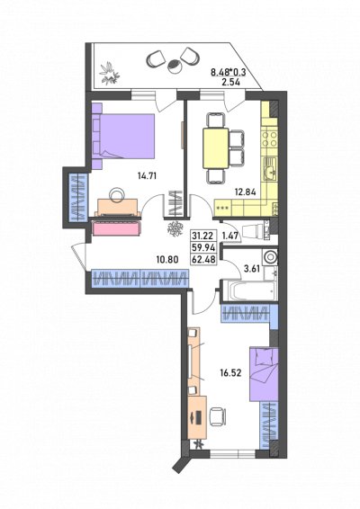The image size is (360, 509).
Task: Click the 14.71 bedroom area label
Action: point(148,176)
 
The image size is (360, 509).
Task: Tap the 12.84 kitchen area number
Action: point(246,192)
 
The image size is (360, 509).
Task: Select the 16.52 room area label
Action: point(230,373)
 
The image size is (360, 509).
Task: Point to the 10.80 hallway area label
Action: point(167,259)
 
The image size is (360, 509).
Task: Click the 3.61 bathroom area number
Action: point(252,268)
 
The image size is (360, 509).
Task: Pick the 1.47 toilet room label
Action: point(230,236)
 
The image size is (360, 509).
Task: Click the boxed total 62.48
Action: point(203,260)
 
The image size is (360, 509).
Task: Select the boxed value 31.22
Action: point(203,236)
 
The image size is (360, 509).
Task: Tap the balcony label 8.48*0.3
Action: point(229,72)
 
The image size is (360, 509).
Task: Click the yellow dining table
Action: point(216,148)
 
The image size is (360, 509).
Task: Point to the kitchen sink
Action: point(270,168)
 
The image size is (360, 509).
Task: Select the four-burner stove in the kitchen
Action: point(270,138)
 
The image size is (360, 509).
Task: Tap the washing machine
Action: point(271,257)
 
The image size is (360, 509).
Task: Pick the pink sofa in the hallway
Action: point(117,228)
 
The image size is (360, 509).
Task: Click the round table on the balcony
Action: point(175,66)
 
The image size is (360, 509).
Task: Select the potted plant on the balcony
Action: point(109,73)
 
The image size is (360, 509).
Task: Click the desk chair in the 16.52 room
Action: point(217,416)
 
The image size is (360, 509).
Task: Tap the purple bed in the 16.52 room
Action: point(264,374)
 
